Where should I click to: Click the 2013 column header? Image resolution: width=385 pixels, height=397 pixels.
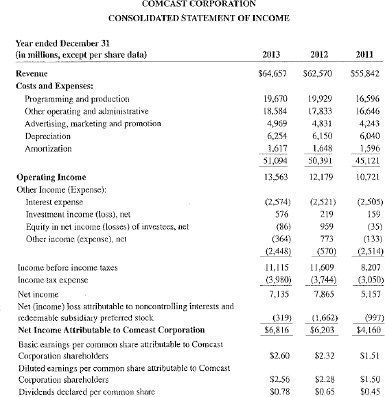pyautogui.click(x=275, y=54)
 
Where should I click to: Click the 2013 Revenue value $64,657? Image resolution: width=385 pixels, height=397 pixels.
pyautogui.click(x=270, y=72)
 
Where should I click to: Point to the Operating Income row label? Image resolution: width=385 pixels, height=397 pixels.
pyautogui.click(x=47, y=177)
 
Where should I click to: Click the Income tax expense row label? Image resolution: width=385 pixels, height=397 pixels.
pyautogui.click(x=52, y=278)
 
